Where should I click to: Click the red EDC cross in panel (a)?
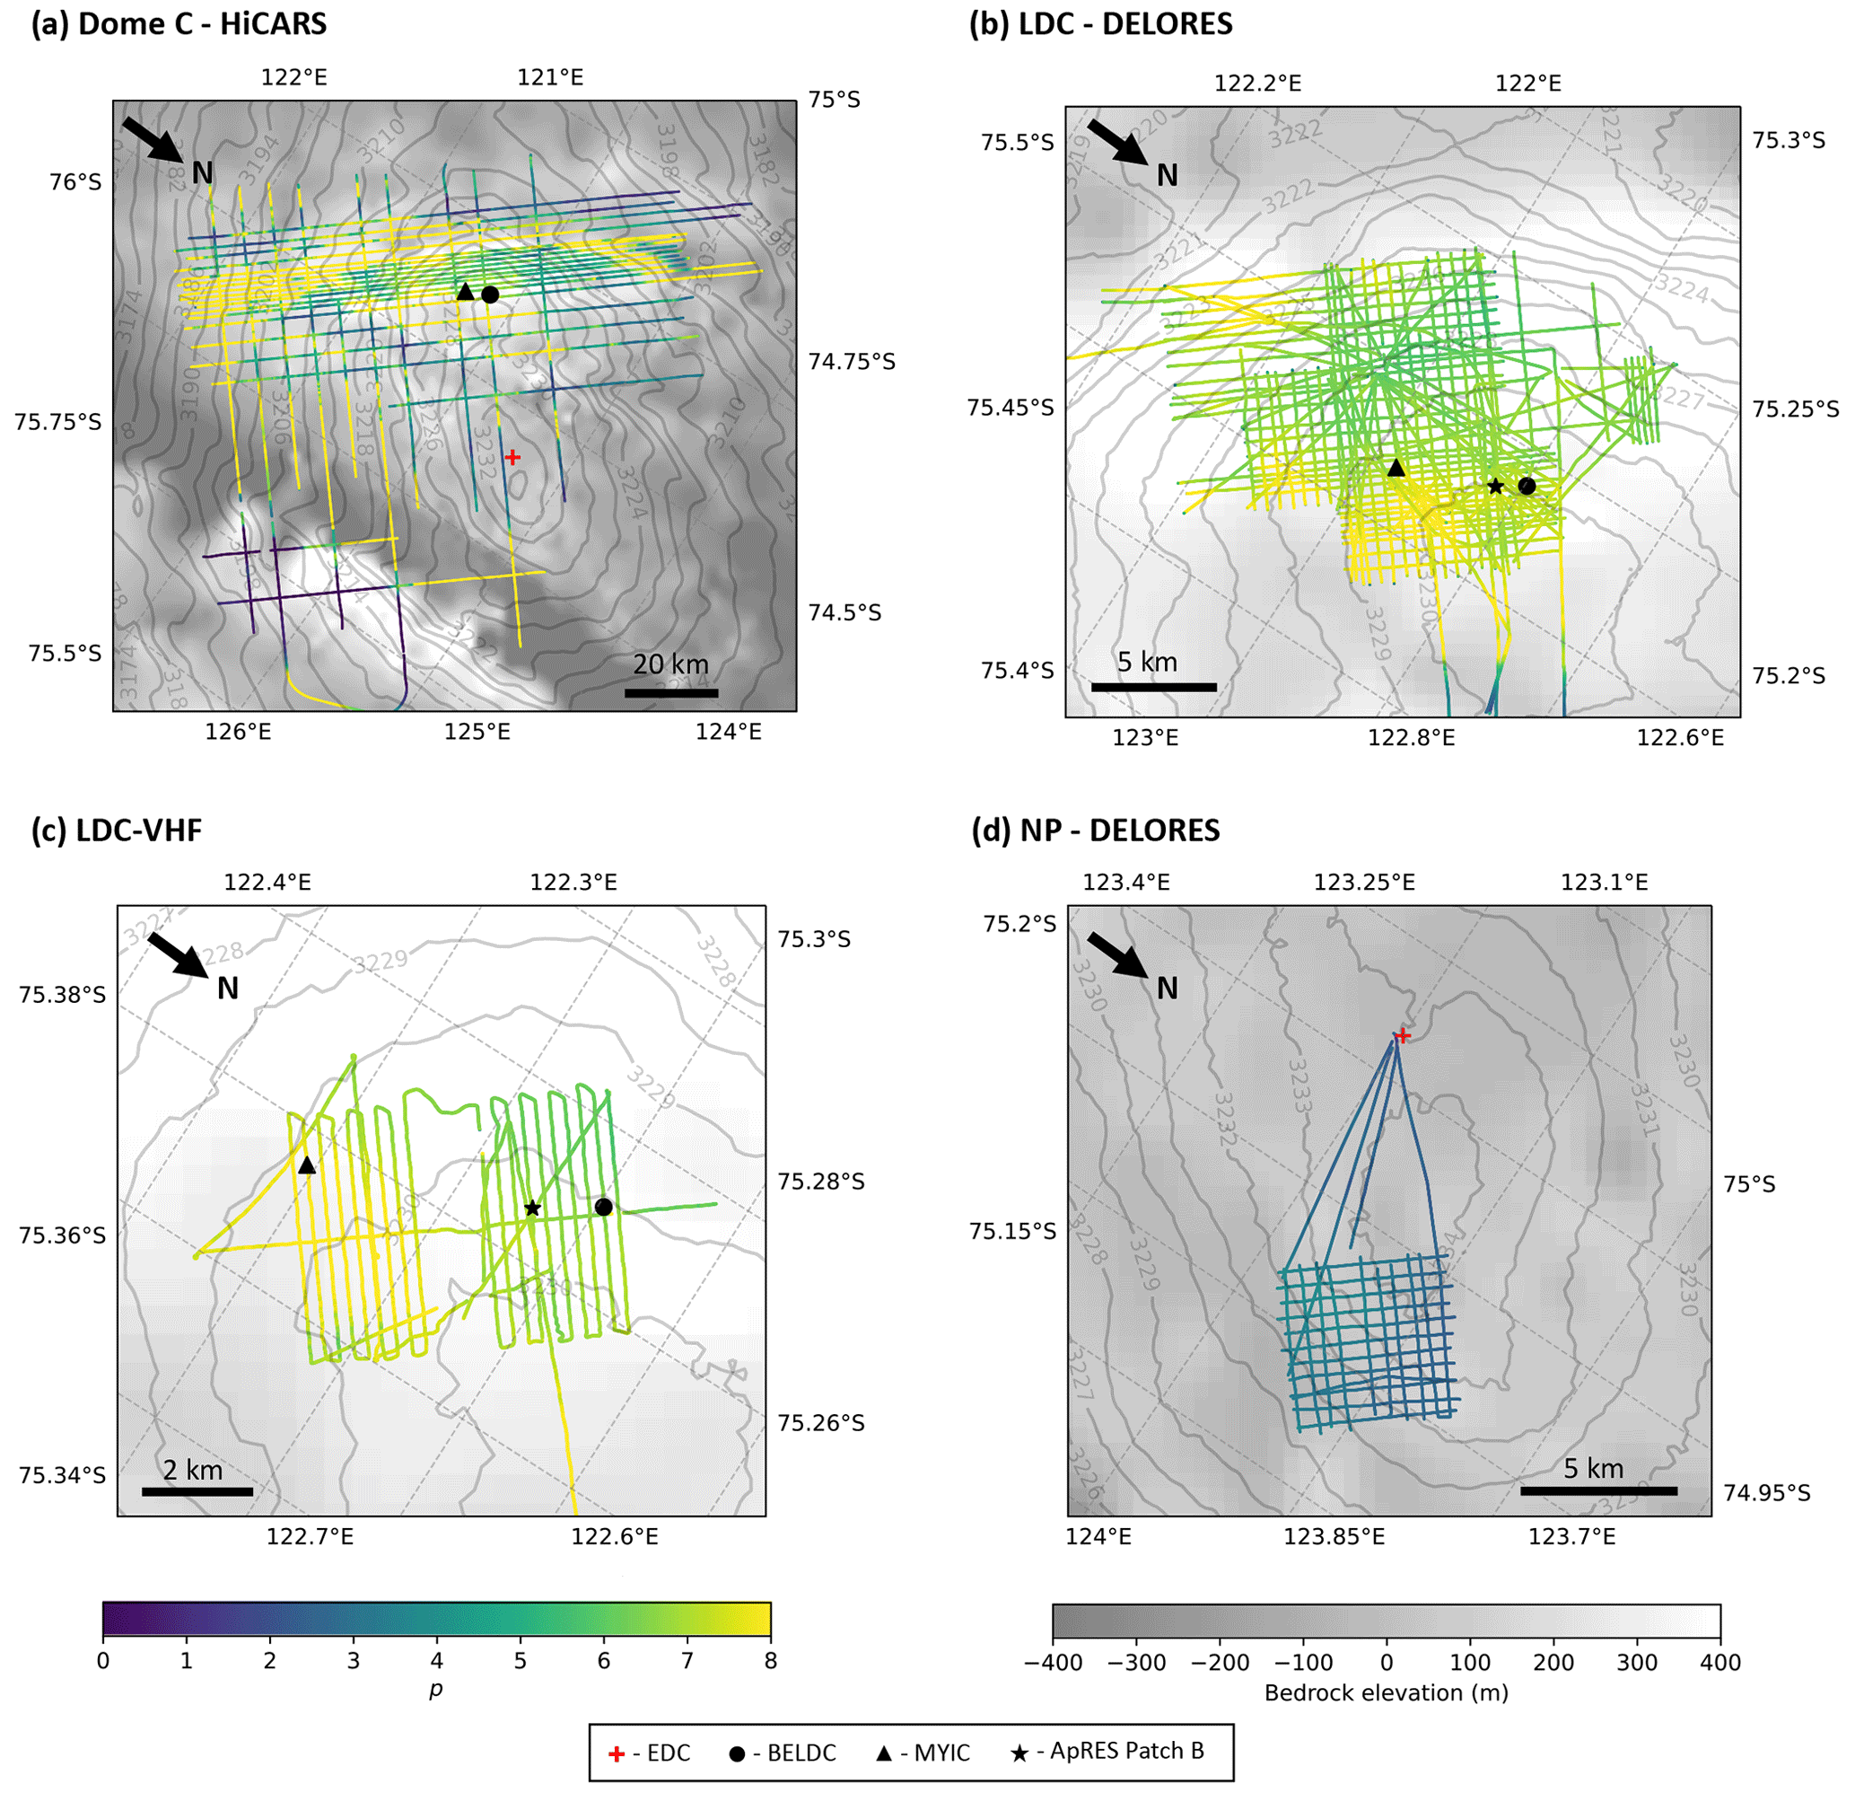tap(512, 457)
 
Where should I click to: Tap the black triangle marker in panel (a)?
tap(465, 292)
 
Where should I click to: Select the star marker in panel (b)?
tap(1495, 487)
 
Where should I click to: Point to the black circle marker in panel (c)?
tap(604, 1207)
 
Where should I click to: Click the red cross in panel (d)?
tap(1403, 1035)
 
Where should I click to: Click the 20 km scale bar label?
tap(671, 664)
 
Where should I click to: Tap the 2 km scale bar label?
tap(193, 1470)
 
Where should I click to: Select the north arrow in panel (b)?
tap(1116, 142)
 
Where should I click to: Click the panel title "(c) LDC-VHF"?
tap(117, 831)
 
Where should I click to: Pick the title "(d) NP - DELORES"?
tap(1095, 831)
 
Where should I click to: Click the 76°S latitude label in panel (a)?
tap(75, 180)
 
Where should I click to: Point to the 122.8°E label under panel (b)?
tap(1411, 737)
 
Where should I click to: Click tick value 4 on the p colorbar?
tap(436, 1660)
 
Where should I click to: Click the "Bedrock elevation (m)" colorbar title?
tap(1386, 1692)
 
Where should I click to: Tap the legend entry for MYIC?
tap(923, 1753)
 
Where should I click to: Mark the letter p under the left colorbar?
tap(435, 1690)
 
